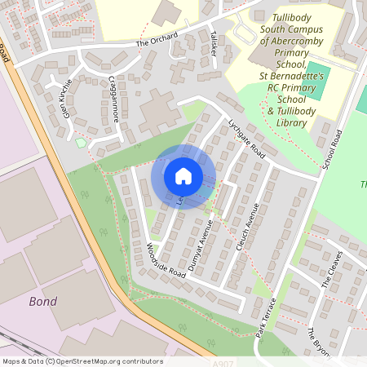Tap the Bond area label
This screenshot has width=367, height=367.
pyautogui.click(x=42, y=302)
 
